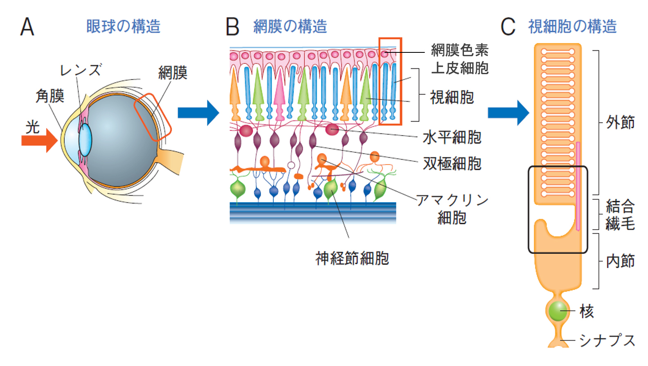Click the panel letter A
[x=27, y=27]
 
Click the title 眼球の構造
[x=123, y=27]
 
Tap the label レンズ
[x=80, y=70]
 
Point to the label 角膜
[x=50, y=96]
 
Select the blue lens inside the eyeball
[x=85, y=140]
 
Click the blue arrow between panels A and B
[x=198, y=113]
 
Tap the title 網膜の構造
[x=290, y=27]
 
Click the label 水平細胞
[x=452, y=138]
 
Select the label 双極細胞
[x=452, y=164]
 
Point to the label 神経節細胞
[x=352, y=258]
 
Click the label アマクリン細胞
[x=452, y=209]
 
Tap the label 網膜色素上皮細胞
[x=460, y=59]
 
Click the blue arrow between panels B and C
[x=508, y=113]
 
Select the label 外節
[x=620, y=122]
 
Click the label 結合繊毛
[x=620, y=215]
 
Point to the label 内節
[x=620, y=261]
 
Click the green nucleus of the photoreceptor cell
[x=557, y=311]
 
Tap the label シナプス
[x=607, y=340]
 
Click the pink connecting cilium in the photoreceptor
[x=578, y=186]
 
